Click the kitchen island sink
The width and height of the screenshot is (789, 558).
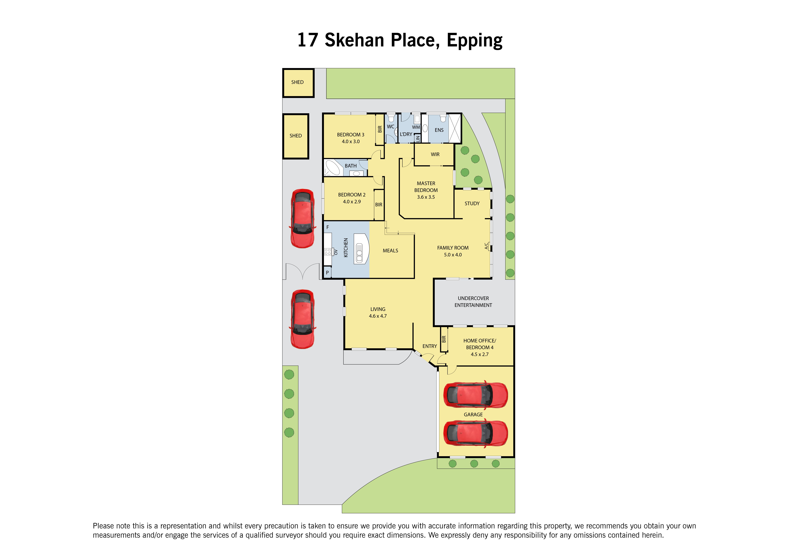click(x=359, y=253)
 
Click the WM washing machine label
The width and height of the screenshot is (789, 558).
click(x=416, y=127)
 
